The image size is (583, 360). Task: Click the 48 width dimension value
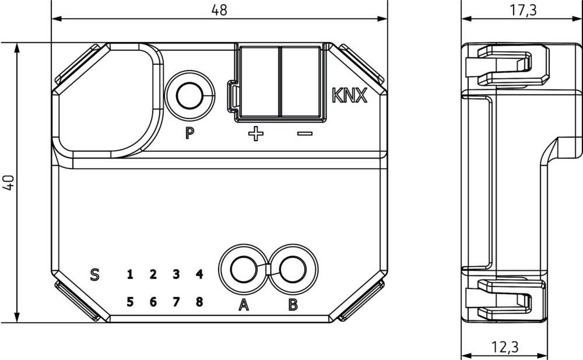tap(220, 10)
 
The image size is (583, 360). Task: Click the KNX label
tap(349, 96)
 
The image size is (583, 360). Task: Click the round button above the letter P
tap(191, 96)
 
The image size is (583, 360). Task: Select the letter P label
tap(189, 134)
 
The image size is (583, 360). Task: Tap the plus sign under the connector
tap(255, 135)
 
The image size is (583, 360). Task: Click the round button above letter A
tap(243, 270)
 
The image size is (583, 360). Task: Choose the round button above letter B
tap(292, 270)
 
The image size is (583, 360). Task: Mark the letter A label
tap(244, 304)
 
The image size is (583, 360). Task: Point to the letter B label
tap(293, 304)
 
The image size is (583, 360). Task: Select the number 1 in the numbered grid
tap(130, 274)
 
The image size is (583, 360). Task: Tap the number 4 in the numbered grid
tap(199, 274)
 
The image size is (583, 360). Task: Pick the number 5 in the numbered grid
tap(130, 302)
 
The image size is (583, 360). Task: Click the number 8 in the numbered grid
tap(199, 302)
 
